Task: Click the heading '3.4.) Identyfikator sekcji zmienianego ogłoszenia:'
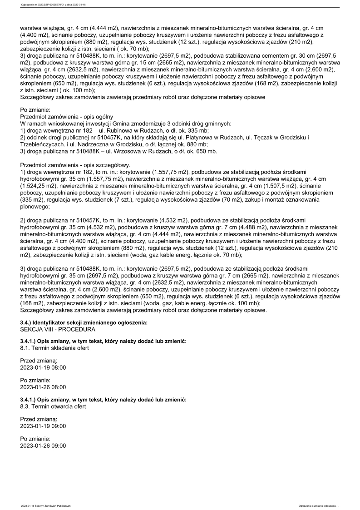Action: coord(84,322)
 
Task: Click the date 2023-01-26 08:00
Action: coord(43,387)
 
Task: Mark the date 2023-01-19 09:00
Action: coord(43,426)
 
